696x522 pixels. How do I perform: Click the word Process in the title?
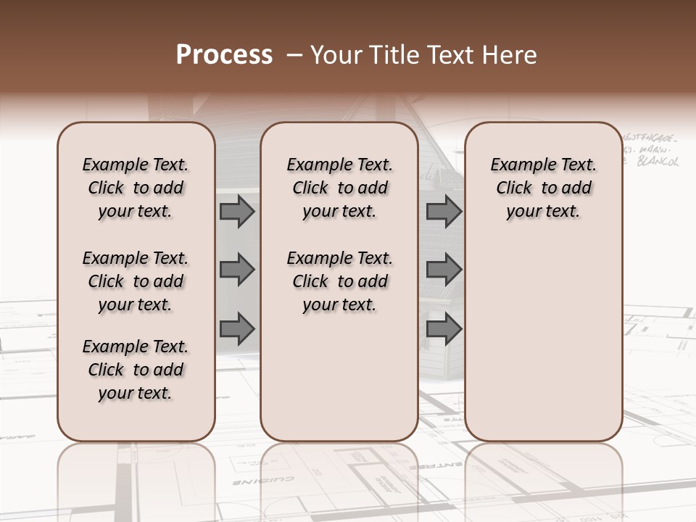point(224,55)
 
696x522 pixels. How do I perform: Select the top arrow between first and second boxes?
point(237,212)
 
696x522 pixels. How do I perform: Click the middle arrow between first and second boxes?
point(237,270)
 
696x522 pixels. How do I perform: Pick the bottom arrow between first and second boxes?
point(237,329)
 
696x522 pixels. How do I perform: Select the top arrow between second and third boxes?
point(444,212)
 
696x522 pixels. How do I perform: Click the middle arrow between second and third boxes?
point(444,270)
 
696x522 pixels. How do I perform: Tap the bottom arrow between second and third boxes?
point(444,329)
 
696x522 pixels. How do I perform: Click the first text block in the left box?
point(136,188)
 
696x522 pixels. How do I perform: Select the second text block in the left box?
point(136,281)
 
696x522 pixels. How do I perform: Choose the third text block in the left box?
point(136,370)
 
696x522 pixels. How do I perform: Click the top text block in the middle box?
point(339,188)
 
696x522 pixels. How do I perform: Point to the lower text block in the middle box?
point(339,281)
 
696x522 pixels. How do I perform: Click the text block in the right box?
point(543,188)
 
